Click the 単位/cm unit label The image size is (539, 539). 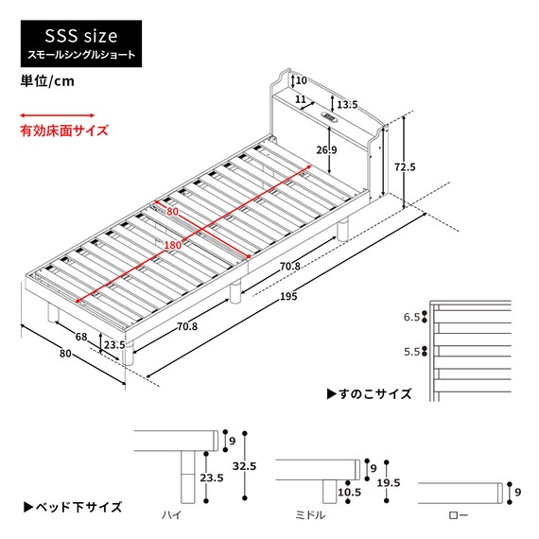point(47,81)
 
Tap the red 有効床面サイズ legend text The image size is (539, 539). point(64,131)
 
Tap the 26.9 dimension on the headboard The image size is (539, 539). point(326,150)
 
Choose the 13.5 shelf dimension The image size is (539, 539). point(346,104)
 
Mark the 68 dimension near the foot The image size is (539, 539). point(81,338)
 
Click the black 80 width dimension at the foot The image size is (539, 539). point(65,355)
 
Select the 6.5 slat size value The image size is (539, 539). point(409,319)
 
